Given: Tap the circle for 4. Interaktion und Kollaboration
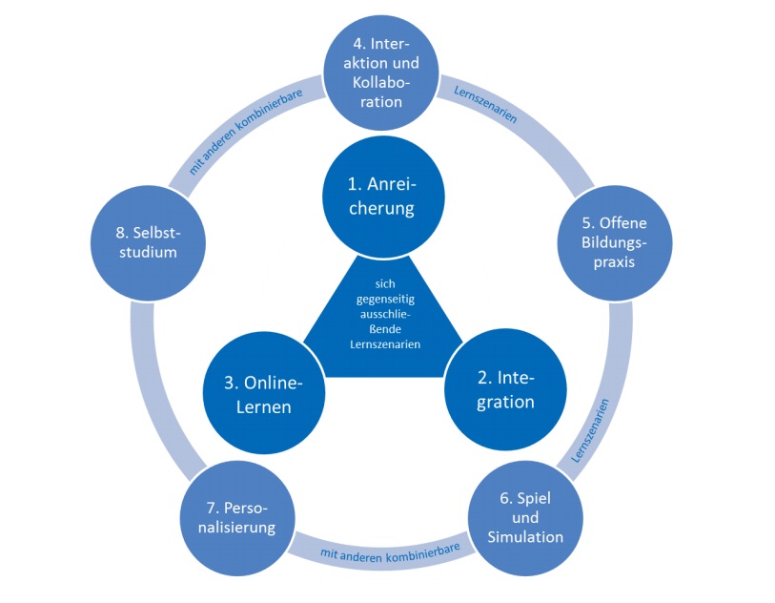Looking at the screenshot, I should [383, 72].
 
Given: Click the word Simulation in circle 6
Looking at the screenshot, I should [525, 536].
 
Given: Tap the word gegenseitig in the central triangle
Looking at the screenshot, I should [383, 301].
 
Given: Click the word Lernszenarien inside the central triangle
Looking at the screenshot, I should [383, 343].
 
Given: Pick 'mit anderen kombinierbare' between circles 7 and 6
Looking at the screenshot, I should [383, 551].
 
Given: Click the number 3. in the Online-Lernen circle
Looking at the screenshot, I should [232, 383].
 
